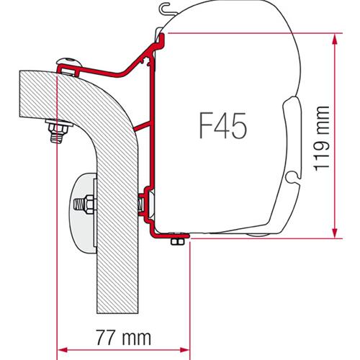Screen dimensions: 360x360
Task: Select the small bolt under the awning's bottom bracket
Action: tap(174, 246)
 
